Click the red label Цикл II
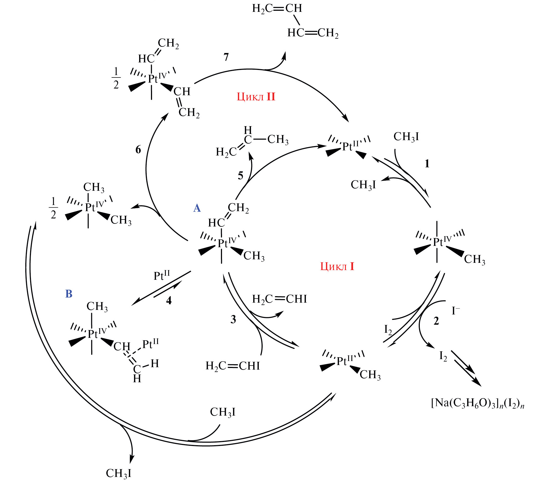pyautogui.click(x=256, y=97)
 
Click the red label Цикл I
pyautogui.click(x=337, y=267)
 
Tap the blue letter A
pyautogui.click(x=197, y=208)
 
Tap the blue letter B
pyautogui.click(x=69, y=294)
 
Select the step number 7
pyautogui.click(x=226, y=57)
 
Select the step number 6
pyautogui.click(x=138, y=150)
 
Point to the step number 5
pyautogui.click(x=240, y=176)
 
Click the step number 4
pyautogui.click(x=169, y=300)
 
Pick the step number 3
pyautogui.click(x=233, y=319)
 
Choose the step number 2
pyautogui.click(x=436, y=321)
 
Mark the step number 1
pyautogui.click(x=427, y=164)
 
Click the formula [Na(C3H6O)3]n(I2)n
pyautogui.click(x=477, y=403)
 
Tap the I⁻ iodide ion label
pyautogui.click(x=456, y=311)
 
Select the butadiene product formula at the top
pyautogui.click(x=295, y=20)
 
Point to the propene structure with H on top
pyautogui.click(x=252, y=142)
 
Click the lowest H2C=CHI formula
pyautogui.click(x=233, y=366)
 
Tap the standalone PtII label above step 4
pyautogui.click(x=161, y=276)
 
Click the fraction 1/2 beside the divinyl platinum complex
pyautogui.click(x=116, y=78)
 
